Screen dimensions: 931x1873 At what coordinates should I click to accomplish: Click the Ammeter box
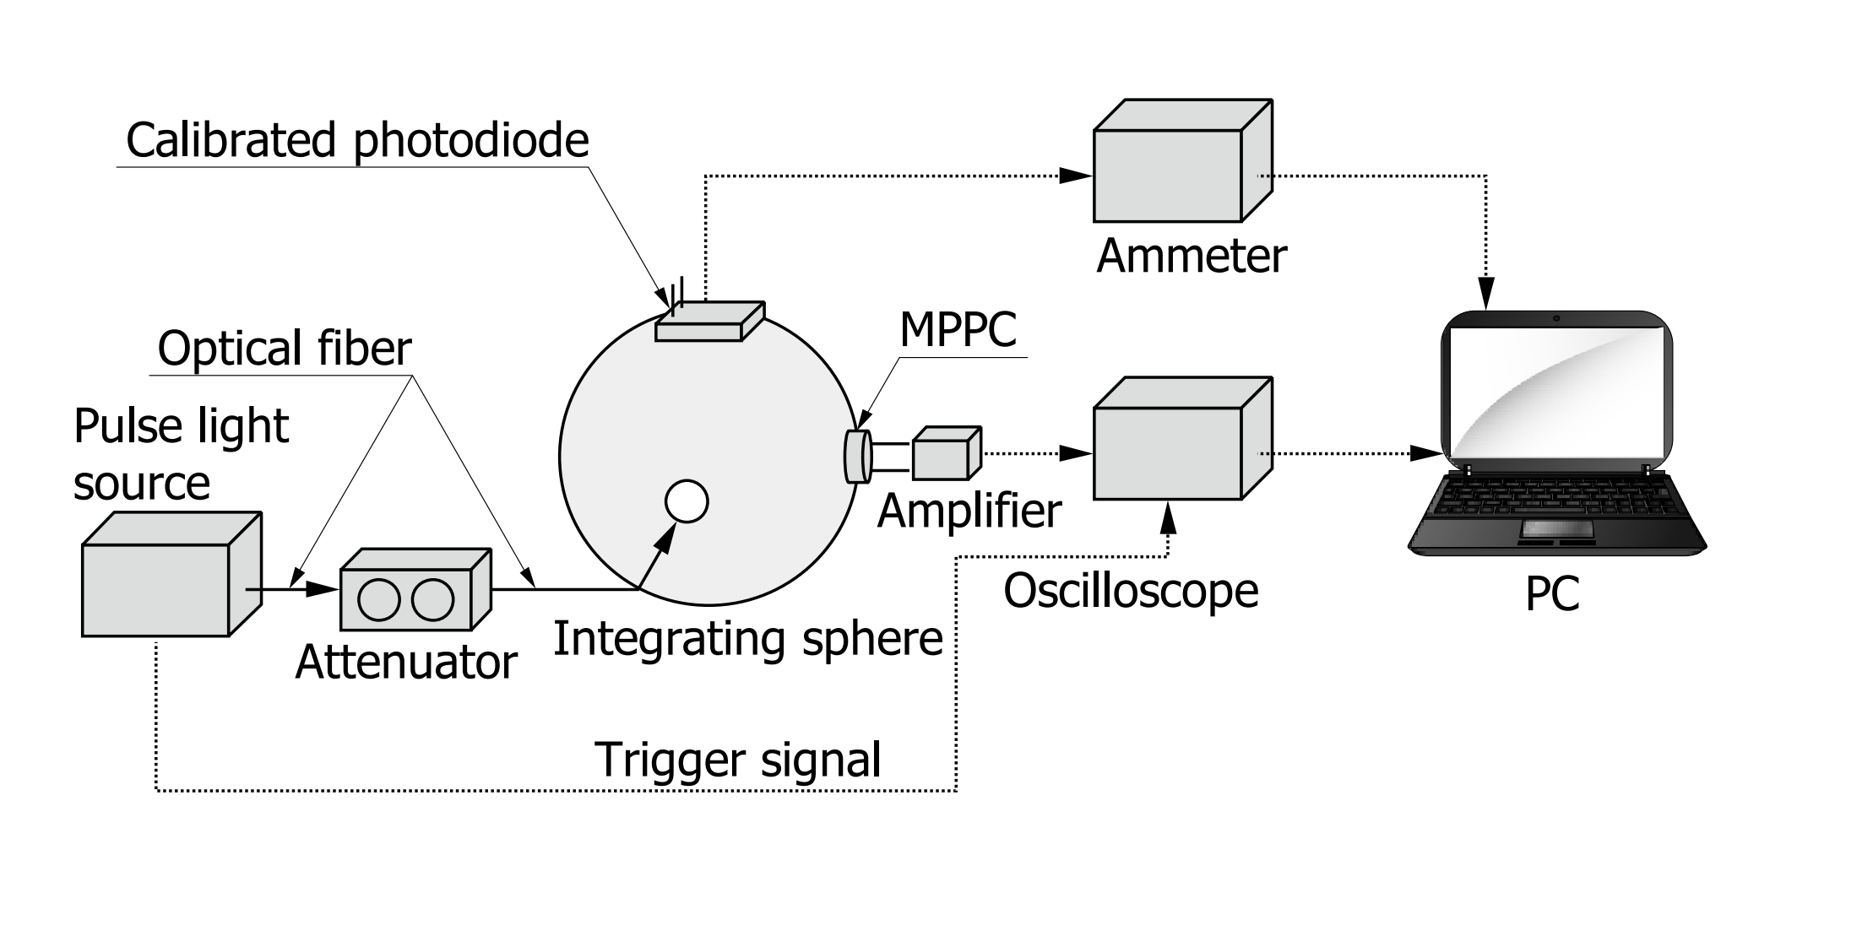point(1168,175)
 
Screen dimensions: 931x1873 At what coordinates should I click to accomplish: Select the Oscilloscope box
point(1168,453)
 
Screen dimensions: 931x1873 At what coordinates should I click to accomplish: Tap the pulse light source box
point(155,589)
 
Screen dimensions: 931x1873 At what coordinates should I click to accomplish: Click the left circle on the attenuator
point(378,600)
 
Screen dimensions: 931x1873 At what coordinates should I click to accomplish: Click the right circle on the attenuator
point(432,600)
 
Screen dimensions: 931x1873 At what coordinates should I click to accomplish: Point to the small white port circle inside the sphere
point(686,501)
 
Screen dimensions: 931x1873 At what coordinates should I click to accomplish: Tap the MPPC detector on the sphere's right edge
point(856,457)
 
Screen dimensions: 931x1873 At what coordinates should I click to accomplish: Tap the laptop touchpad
point(1557,529)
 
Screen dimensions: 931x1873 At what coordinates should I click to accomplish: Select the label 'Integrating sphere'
point(747,638)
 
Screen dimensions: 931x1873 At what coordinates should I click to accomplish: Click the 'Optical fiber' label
point(284,348)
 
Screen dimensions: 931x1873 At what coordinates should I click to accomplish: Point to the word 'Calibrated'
point(231,140)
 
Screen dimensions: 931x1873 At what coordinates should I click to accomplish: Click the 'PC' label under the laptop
point(1552,594)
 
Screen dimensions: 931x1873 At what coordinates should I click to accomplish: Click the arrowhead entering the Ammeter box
point(1075,176)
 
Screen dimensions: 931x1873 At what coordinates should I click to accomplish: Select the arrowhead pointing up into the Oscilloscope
point(1168,518)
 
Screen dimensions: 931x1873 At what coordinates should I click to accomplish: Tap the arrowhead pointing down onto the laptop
point(1486,294)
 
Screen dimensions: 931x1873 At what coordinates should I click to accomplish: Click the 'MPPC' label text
point(958,329)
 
